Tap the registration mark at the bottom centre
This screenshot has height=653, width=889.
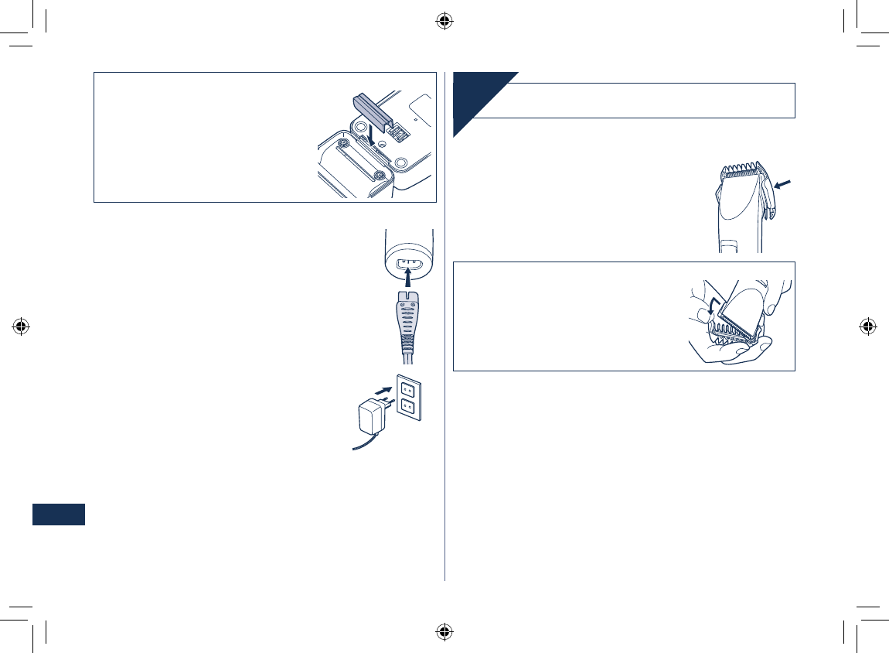[444, 631]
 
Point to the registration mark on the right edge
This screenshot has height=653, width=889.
[867, 326]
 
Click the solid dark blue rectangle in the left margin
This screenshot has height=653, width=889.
[58, 515]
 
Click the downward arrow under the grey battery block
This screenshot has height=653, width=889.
[372, 135]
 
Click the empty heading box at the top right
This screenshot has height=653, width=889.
[649, 101]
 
